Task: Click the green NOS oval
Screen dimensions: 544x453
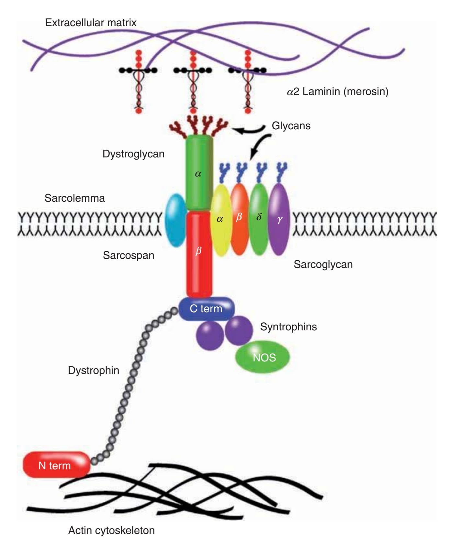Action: tap(262, 357)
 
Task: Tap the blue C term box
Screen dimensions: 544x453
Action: tap(206, 309)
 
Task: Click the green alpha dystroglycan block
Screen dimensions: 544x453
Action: tap(199, 173)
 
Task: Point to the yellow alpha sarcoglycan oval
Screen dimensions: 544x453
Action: tap(221, 220)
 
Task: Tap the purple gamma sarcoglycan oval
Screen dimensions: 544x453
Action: tap(279, 220)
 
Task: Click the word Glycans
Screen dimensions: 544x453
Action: tap(291, 125)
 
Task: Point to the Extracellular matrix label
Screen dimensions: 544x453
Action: tap(91, 23)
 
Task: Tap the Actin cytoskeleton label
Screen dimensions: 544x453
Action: tap(111, 530)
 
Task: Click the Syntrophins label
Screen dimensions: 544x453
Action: tap(288, 326)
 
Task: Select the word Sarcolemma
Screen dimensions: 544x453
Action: tap(74, 198)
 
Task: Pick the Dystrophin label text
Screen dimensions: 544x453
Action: tap(93, 370)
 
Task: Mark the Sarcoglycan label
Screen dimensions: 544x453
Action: tap(323, 264)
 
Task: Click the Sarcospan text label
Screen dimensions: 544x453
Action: tap(128, 255)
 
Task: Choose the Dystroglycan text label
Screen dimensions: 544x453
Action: tap(133, 154)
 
